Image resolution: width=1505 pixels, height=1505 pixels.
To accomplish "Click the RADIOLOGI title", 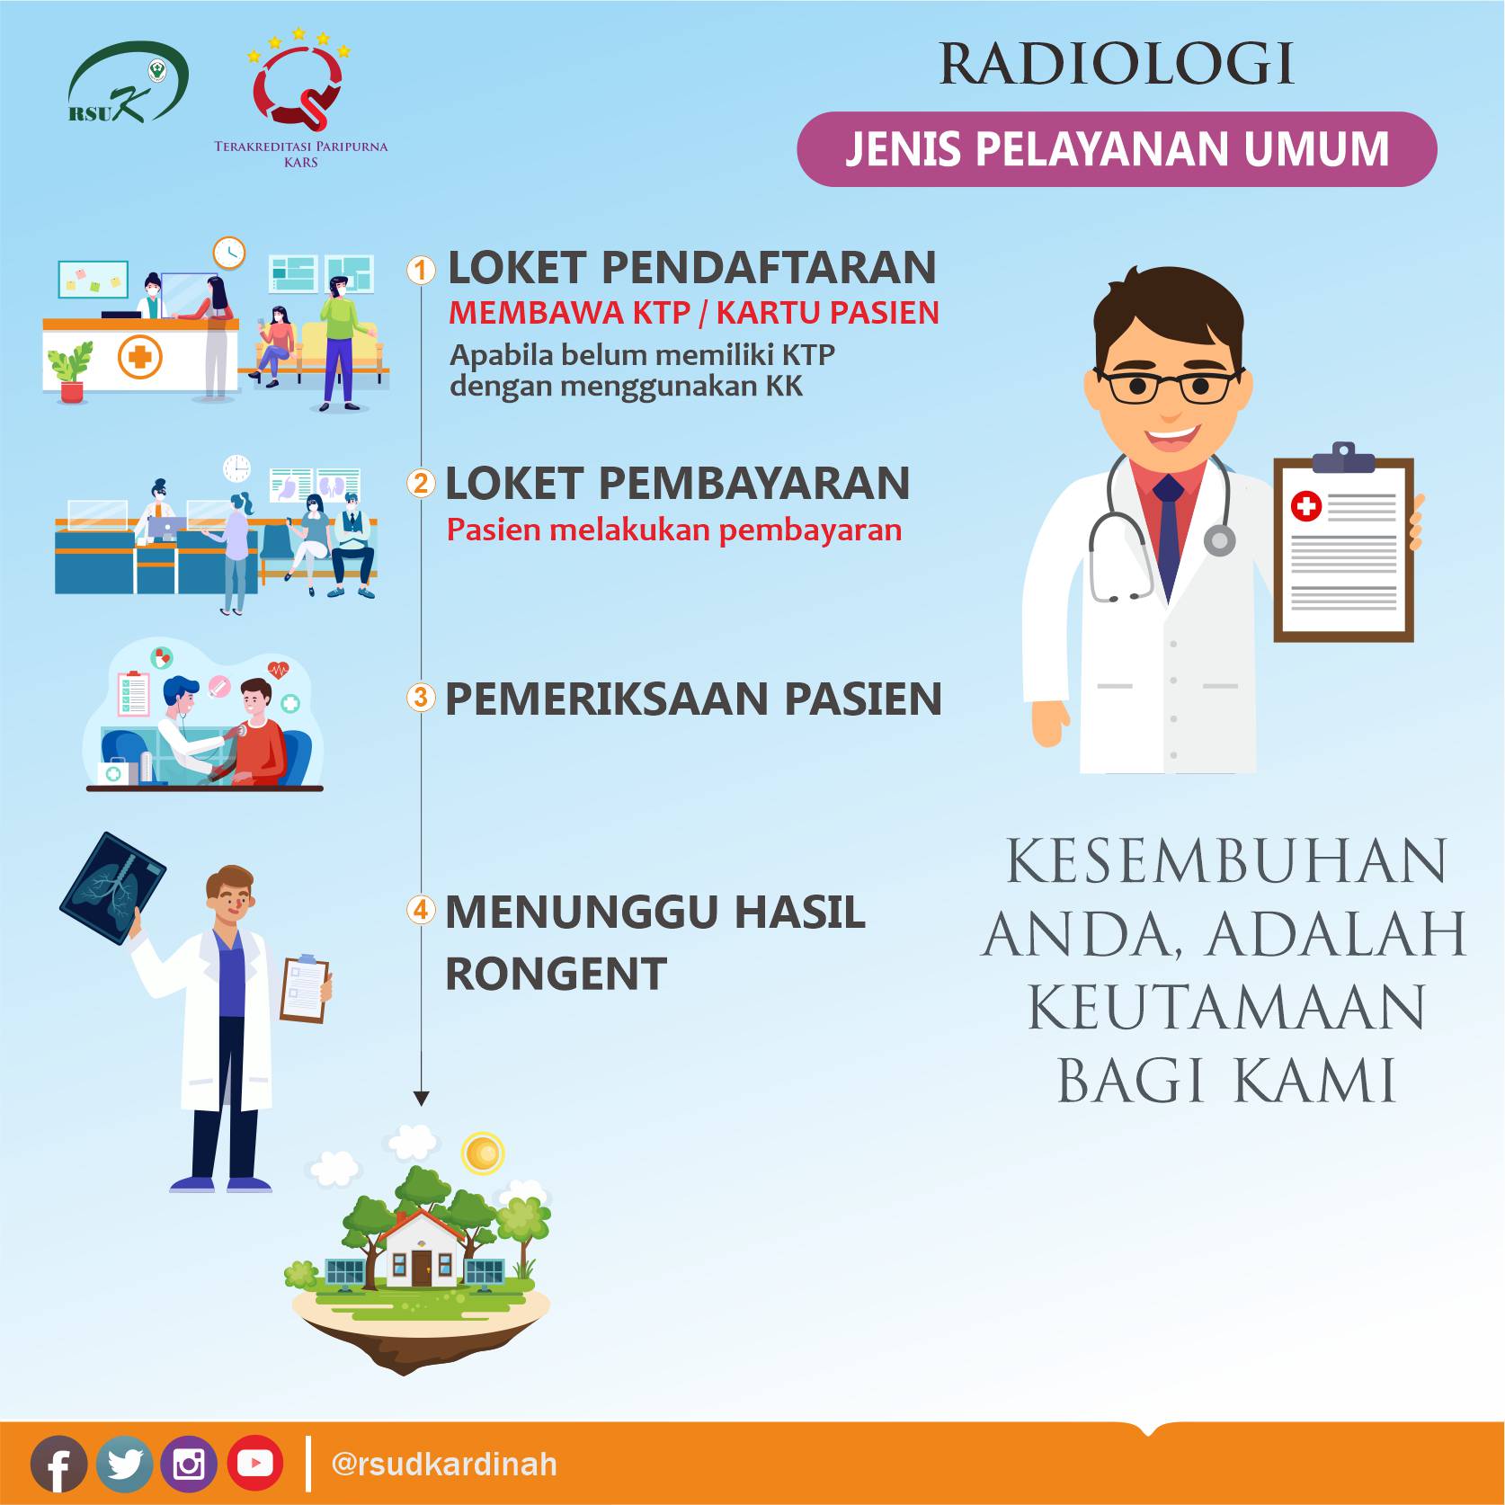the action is tap(1117, 64).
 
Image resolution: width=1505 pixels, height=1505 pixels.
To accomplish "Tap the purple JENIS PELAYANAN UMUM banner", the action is tap(1117, 149).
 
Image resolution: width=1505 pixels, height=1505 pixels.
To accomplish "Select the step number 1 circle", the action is tap(421, 269).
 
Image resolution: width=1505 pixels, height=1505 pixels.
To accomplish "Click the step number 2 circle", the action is tap(421, 484).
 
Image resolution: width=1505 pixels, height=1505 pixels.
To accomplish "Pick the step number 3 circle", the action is tap(421, 697).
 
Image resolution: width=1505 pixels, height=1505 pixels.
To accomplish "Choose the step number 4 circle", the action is tap(421, 909).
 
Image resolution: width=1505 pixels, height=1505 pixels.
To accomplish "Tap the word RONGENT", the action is tap(556, 974).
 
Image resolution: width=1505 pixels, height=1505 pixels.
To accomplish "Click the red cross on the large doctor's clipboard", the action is tap(1305, 507).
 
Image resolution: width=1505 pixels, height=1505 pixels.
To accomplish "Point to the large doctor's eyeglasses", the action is tap(1170, 386).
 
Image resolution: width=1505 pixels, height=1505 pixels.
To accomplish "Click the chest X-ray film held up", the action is tap(113, 889).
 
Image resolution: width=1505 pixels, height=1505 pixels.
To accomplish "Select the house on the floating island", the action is tap(421, 1249).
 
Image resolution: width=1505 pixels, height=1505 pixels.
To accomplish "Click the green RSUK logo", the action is tap(129, 82).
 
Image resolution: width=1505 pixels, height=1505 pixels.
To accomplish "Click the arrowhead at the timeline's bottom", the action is tap(421, 1099).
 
